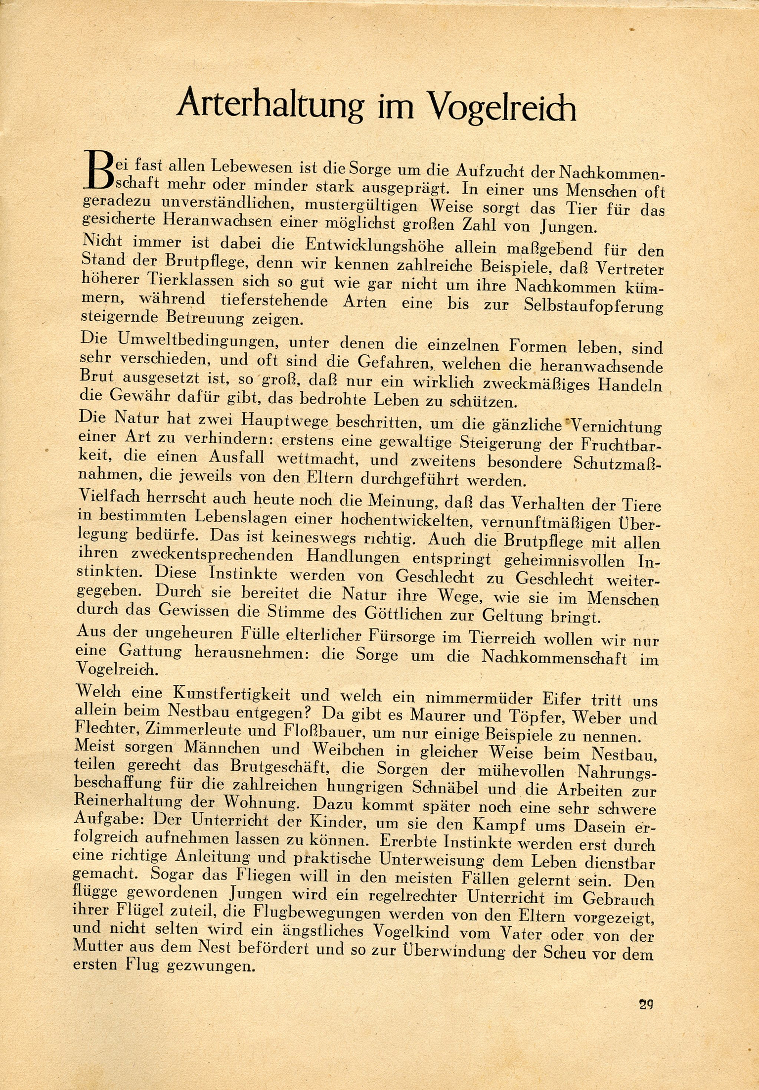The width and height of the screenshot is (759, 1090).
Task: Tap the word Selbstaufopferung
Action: click(x=592, y=304)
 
